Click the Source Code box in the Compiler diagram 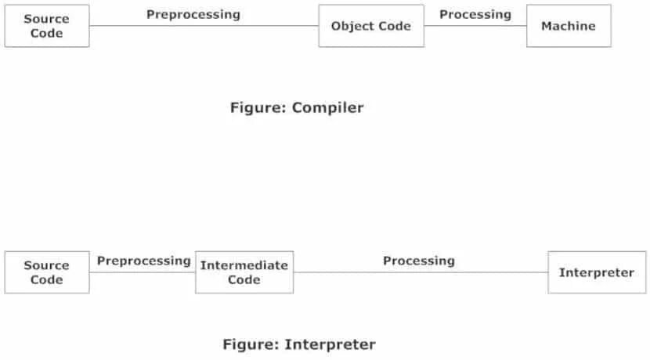click(x=47, y=26)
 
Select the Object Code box click(x=371, y=26)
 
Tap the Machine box click(x=569, y=26)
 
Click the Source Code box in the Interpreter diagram click(x=47, y=272)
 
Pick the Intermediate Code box click(x=244, y=272)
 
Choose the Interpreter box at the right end click(x=597, y=272)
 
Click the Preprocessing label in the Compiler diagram click(x=193, y=14)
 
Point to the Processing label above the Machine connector click(x=475, y=14)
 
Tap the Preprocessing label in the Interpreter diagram click(x=144, y=260)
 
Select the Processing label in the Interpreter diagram click(x=419, y=260)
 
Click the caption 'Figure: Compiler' click(x=297, y=108)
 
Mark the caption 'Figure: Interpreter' click(x=299, y=344)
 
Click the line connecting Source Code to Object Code click(x=204, y=26)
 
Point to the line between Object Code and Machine click(x=475, y=26)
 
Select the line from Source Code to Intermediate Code click(x=142, y=272)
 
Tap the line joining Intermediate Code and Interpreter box click(x=421, y=272)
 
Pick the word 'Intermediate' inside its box click(x=244, y=265)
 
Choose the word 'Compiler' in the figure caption click(x=328, y=108)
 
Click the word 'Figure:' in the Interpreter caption click(x=251, y=344)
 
